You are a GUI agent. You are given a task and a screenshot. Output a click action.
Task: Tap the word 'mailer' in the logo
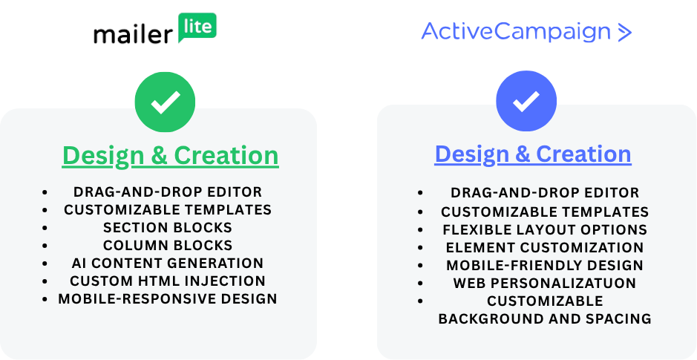pos(132,34)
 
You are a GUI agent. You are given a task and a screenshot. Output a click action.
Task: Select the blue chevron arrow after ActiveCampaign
pos(624,33)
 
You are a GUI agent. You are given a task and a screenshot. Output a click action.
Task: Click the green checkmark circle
pos(165,102)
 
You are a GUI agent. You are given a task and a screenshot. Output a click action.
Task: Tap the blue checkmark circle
pos(526,101)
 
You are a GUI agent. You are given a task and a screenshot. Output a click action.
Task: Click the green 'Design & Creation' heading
pos(170,156)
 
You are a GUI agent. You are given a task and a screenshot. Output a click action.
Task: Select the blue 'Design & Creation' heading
pos(533,154)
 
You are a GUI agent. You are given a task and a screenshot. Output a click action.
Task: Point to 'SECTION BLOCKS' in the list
pos(168,228)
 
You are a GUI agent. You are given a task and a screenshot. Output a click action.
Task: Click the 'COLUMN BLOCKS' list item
pos(168,246)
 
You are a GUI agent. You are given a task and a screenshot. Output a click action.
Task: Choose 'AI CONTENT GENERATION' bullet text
pos(168,263)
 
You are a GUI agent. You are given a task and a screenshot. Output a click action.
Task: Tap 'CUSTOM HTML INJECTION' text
pos(168,281)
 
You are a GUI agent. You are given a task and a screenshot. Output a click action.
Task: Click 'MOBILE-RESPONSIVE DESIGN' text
pos(168,298)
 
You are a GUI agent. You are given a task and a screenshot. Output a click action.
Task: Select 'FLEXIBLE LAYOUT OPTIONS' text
pos(545,230)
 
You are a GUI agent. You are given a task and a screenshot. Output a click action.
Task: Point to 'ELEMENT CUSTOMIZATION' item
pos(545,248)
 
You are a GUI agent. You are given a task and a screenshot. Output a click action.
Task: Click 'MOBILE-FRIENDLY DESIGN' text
pos(545,265)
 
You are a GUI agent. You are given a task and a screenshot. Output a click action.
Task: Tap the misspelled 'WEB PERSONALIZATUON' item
pos(545,283)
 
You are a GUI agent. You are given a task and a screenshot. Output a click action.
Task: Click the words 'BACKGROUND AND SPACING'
pos(545,318)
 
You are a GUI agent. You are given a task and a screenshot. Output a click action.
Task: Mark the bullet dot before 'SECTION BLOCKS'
pos(45,228)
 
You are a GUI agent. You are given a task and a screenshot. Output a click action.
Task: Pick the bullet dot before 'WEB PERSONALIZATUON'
pos(421,284)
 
